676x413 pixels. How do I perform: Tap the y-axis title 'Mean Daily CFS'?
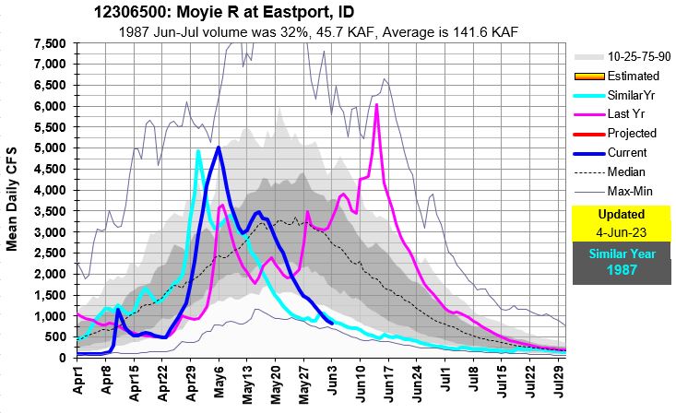coord(14,197)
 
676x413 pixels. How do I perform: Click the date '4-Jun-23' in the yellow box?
coord(620,231)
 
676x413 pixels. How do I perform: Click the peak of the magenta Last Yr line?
coord(376,105)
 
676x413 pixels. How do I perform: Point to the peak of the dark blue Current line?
coord(218,147)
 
